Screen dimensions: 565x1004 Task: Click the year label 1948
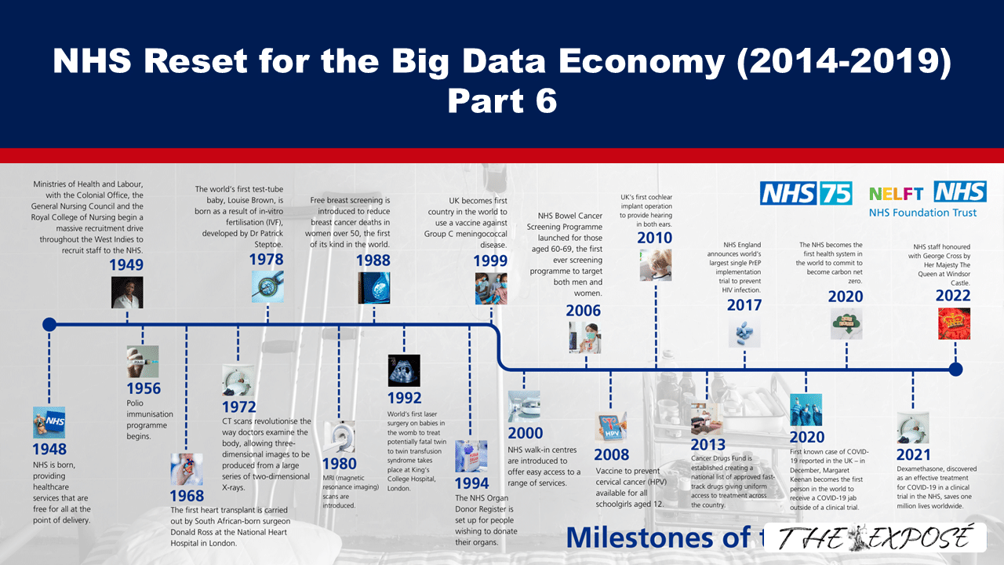pyautogui.click(x=49, y=450)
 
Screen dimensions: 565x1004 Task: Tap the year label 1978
pyautogui.click(x=267, y=260)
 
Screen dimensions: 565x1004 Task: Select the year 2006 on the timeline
pyautogui.click(x=584, y=312)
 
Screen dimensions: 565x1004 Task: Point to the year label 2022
pyautogui.click(x=953, y=296)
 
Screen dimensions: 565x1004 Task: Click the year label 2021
pyautogui.click(x=914, y=454)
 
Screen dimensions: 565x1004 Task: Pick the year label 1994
pyautogui.click(x=471, y=483)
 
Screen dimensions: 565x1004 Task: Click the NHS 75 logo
pyautogui.click(x=806, y=193)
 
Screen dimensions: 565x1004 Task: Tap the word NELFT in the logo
pyautogui.click(x=897, y=193)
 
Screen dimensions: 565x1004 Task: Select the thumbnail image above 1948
pyautogui.click(x=49, y=422)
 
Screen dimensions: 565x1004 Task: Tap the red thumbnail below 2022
pyautogui.click(x=954, y=323)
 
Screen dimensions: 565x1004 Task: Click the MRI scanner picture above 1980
pyautogui.click(x=339, y=436)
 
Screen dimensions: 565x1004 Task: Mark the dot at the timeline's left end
pyautogui.click(x=49, y=323)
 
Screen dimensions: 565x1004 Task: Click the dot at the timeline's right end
pyautogui.click(x=955, y=370)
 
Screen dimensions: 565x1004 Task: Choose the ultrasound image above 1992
pyautogui.click(x=404, y=370)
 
